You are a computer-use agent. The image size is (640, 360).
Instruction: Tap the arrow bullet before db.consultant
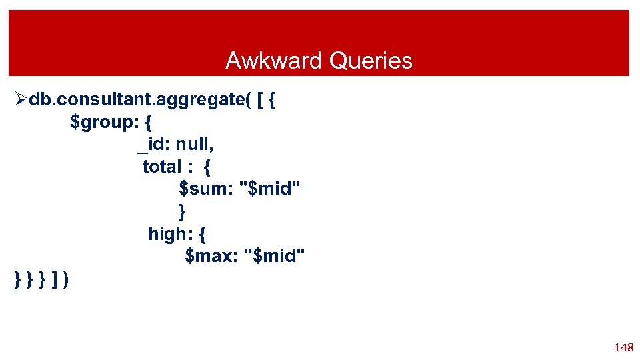(21, 100)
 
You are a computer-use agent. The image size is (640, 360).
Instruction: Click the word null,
(195, 145)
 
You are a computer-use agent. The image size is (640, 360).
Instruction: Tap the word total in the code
(162, 167)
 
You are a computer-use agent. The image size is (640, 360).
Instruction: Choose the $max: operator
(212, 255)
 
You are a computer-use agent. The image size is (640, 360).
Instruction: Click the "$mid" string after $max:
(276, 255)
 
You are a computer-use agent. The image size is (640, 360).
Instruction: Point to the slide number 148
(623, 347)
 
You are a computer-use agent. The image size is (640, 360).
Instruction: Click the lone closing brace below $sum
(183, 211)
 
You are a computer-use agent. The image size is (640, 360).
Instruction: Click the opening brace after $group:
(148, 123)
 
